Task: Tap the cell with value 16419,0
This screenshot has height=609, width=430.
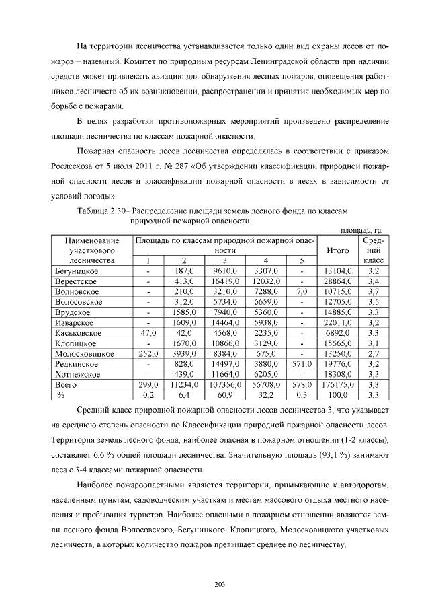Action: tap(225, 281)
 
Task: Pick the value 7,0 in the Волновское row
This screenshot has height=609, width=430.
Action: tap(302, 291)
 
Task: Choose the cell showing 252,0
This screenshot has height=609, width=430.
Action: tap(147, 353)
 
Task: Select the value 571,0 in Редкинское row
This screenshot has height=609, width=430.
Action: tap(302, 363)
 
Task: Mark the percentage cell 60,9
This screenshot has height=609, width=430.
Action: tap(225, 394)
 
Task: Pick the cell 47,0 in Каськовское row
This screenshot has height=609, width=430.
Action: tap(147, 332)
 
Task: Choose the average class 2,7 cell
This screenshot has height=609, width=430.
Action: tap(374, 353)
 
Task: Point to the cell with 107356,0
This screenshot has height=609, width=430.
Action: tap(225, 384)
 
